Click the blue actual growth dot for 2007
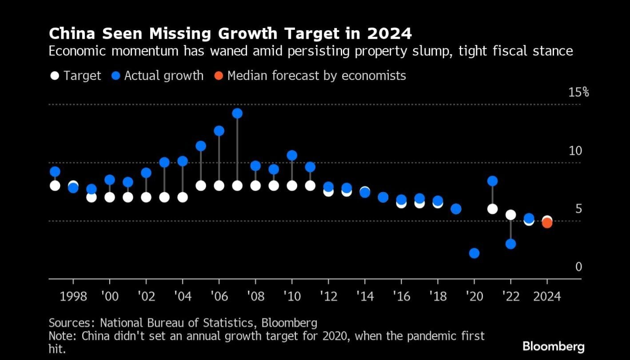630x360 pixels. click(x=237, y=113)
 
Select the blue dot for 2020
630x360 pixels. click(x=474, y=253)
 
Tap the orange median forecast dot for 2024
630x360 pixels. click(x=547, y=223)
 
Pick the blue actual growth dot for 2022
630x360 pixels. click(x=510, y=244)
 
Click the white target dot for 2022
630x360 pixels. click(x=510, y=215)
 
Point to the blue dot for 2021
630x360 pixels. click(x=492, y=181)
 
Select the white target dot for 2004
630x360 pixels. click(x=183, y=197)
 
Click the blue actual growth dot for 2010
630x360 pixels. click(x=292, y=155)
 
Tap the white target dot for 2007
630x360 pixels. click(x=237, y=185)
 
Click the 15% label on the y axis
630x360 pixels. click(x=578, y=92)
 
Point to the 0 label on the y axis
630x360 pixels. click(x=578, y=267)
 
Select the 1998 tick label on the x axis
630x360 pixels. click(x=73, y=296)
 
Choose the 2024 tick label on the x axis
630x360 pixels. click(x=547, y=296)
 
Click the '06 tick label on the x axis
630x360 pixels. click(x=219, y=296)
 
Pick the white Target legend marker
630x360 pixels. click(x=55, y=76)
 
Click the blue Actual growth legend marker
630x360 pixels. click(x=116, y=76)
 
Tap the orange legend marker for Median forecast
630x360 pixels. click(x=219, y=76)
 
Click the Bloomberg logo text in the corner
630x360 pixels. click(x=553, y=347)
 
